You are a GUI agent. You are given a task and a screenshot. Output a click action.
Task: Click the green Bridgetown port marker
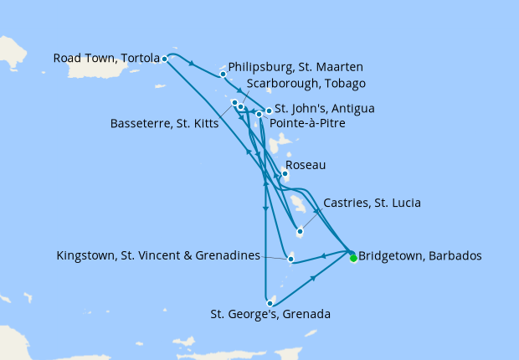point(353,258)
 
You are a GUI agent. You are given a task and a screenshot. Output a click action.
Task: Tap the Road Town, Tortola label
point(106,59)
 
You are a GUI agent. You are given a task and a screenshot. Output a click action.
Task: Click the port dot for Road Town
point(164,59)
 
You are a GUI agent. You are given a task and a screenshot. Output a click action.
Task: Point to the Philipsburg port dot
point(223,74)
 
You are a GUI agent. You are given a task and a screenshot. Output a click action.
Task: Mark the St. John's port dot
point(269,111)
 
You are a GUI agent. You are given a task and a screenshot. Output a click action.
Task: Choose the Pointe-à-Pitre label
point(307,122)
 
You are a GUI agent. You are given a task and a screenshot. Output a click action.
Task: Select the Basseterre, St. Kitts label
point(164,124)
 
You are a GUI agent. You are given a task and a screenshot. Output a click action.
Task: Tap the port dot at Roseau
point(285,174)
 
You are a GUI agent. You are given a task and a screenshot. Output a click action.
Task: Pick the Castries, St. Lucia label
point(371,203)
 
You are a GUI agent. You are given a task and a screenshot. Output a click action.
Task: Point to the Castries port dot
point(300,232)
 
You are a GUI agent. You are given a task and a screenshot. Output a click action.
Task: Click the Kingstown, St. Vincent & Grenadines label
point(158,255)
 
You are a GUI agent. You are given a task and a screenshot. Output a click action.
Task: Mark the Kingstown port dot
point(290,259)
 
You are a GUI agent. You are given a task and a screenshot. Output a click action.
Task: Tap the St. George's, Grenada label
point(270,315)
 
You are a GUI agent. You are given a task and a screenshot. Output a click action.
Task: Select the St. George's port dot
point(270,303)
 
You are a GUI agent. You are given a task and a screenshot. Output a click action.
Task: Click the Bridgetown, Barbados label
point(420,256)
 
